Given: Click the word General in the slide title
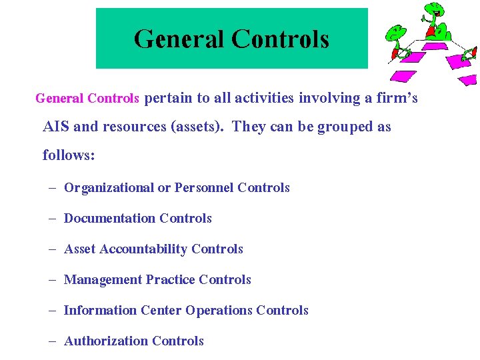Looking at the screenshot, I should point(179,39).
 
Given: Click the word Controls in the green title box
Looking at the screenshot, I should point(281,39).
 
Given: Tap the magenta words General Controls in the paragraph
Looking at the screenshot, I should point(87,99).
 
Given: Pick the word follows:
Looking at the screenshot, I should point(69,155).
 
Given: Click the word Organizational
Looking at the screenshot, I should point(109,188).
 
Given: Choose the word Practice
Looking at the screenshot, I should point(170,280).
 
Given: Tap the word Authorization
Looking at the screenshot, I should point(106,341).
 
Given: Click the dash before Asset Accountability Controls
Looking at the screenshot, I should point(52,249).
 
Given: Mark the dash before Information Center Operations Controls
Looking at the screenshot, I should point(52,311).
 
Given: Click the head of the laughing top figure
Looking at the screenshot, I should point(435,9).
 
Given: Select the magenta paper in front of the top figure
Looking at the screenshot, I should point(435,47).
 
